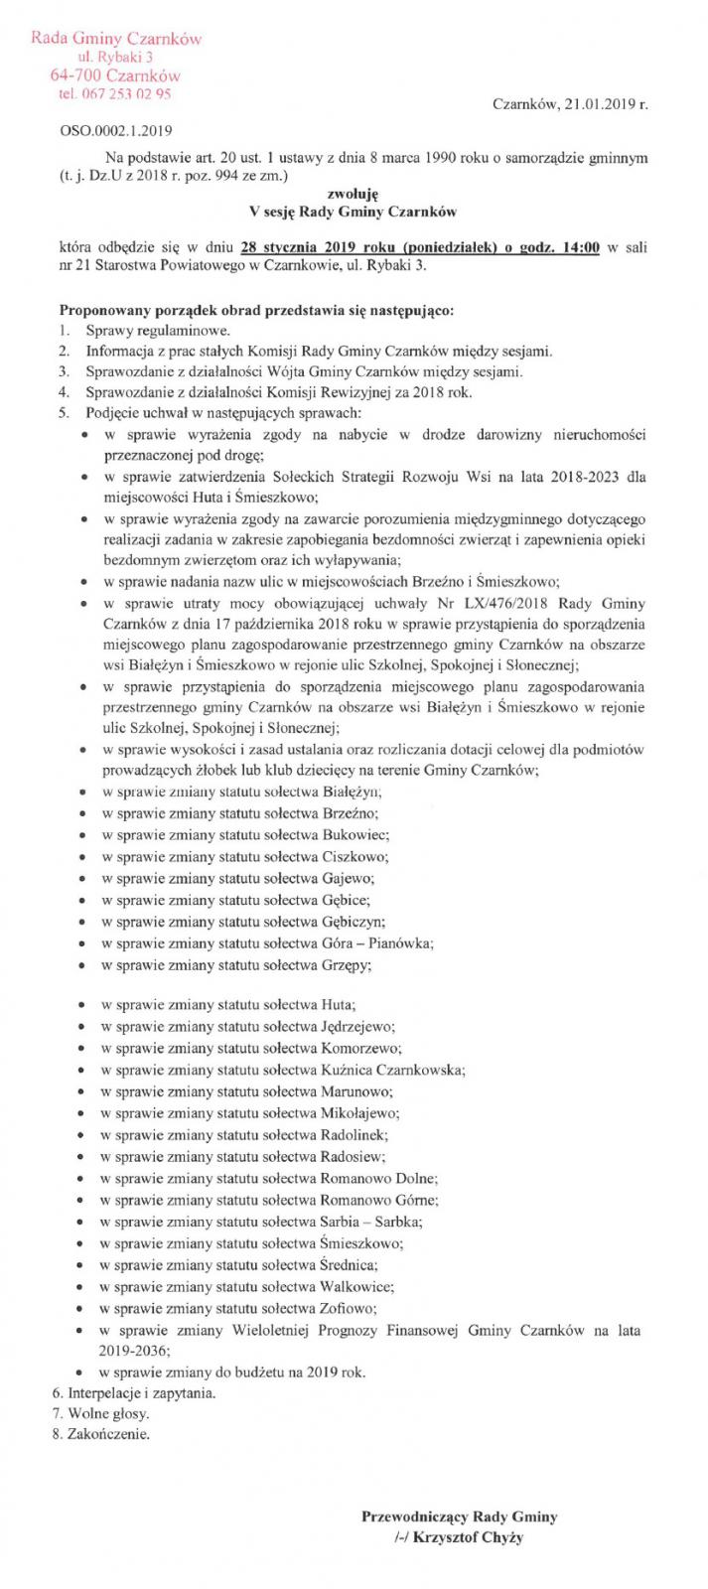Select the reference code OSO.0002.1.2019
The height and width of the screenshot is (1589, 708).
(x=109, y=129)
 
